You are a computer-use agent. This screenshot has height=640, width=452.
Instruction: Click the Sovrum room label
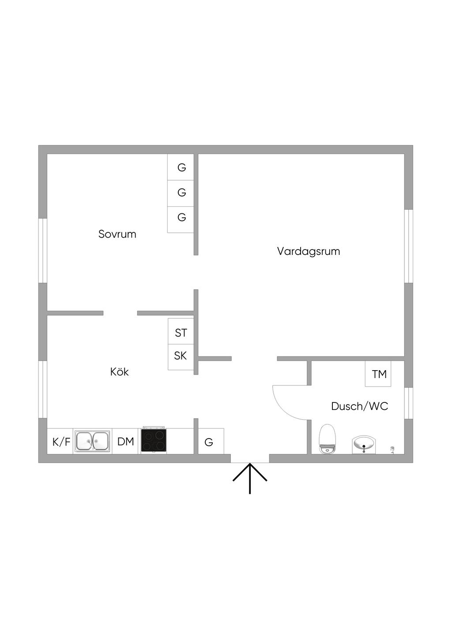click(x=117, y=234)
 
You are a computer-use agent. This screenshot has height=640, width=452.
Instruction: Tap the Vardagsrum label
click(x=308, y=251)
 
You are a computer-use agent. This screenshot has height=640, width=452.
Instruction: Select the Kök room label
click(x=119, y=372)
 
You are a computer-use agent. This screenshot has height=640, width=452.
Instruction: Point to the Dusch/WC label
click(x=359, y=406)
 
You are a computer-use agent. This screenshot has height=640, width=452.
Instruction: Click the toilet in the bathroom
click(x=327, y=439)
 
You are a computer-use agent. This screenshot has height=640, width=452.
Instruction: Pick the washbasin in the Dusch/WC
click(x=364, y=444)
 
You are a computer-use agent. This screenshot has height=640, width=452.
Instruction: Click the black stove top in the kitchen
click(x=154, y=440)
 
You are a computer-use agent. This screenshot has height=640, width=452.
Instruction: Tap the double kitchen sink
click(x=92, y=441)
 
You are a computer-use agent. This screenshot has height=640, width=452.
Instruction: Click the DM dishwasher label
click(x=126, y=441)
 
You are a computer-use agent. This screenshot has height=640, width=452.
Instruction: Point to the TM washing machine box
click(x=378, y=374)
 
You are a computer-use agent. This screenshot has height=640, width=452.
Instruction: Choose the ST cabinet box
click(x=181, y=332)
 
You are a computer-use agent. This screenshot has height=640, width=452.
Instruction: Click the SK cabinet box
click(x=181, y=356)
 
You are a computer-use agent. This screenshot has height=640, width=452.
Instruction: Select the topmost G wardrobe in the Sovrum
click(x=181, y=167)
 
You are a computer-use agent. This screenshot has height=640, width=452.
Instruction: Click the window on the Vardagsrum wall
click(x=409, y=246)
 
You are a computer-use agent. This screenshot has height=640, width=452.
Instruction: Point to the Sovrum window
click(x=43, y=250)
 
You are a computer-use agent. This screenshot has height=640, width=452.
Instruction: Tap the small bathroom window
click(x=409, y=403)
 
